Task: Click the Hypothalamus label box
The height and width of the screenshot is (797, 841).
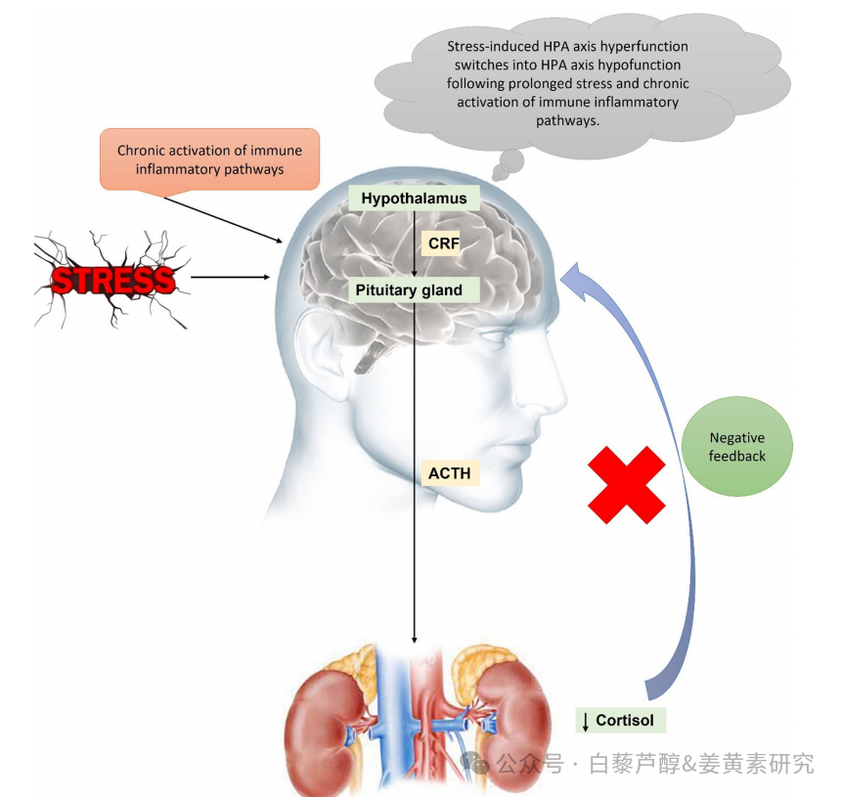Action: tap(414, 198)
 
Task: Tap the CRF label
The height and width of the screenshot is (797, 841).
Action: tap(441, 244)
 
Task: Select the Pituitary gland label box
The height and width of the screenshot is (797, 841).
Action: tap(414, 290)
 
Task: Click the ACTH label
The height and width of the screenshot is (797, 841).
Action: tap(450, 473)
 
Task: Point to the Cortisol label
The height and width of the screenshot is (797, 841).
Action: tap(621, 720)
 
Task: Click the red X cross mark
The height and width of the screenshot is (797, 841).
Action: tap(627, 485)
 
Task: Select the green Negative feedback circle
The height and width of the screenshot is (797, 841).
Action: tap(737, 446)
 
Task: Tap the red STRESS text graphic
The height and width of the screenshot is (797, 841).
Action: tap(113, 280)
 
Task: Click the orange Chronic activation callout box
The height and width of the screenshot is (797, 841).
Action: tap(209, 159)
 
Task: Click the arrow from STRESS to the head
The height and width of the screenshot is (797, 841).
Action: tap(230, 278)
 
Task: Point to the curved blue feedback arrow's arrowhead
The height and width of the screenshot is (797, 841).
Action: tap(575, 278)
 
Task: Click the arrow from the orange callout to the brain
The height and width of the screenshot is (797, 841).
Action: tap(223, 220)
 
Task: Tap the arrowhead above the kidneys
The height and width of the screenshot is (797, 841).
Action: tap(414, 640)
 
